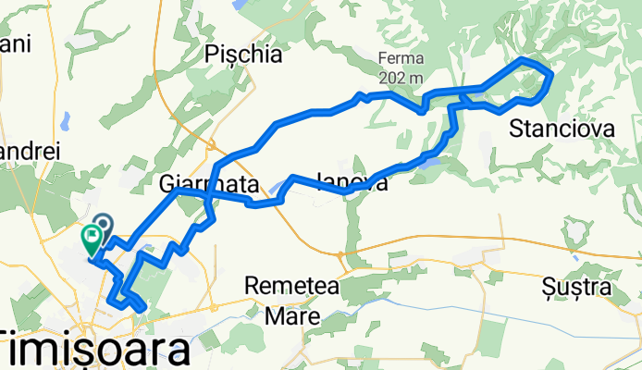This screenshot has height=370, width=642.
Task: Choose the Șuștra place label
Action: click(x=577, y=288)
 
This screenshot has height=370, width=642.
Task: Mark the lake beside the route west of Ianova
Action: click(x=277, y=193)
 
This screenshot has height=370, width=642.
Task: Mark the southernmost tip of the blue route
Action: click(x=139, y=308)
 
